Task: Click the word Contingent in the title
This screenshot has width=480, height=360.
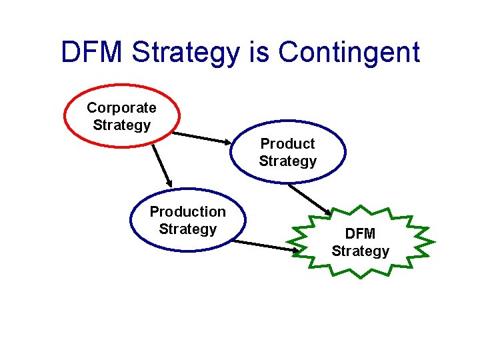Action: pos(349,52)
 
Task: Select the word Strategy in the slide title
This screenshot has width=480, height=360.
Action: pos(189,52)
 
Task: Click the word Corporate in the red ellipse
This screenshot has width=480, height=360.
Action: pos(121,107)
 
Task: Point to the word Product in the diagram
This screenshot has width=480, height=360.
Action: pos(287,143)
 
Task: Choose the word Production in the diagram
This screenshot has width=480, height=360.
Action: pos(187,211)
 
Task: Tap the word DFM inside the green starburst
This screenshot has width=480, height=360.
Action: pos(360,233)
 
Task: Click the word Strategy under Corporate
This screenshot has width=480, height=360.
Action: pos(121,125)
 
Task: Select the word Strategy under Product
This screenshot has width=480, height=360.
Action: pos(287,161)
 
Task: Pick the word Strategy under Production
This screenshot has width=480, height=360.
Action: pos(187,229)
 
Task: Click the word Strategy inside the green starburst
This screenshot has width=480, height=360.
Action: pos(360,251)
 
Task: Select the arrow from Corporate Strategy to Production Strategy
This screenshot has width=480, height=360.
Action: pos(161,165)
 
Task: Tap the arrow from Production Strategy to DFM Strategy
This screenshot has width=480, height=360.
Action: pos(265,245)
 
